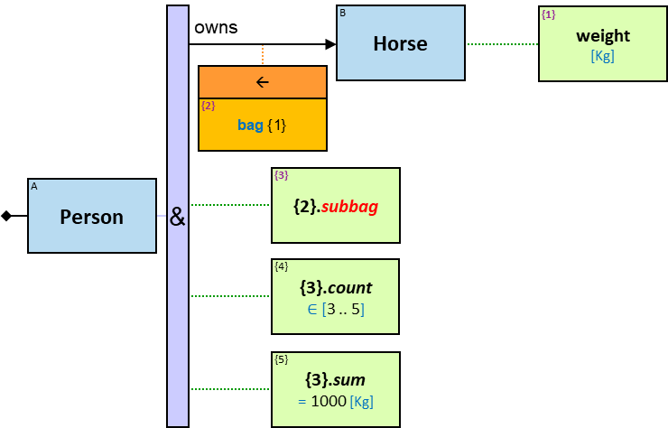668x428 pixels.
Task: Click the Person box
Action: coord(91,217)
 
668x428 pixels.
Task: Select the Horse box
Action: coord(400,43)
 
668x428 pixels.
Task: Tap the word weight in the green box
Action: coord(603,36)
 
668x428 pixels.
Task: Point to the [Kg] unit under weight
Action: coord(603,56)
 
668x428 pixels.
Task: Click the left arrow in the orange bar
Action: coord(263,82)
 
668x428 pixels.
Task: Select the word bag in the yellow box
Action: coord(250,125)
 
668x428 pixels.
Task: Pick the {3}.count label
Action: coord(335,288)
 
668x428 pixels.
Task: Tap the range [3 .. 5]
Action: coord(342,309)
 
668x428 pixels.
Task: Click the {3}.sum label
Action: coord(335,380)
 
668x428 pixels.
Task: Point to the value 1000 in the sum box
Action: coord(328,401)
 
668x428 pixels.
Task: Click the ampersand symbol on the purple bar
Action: coord(178,217)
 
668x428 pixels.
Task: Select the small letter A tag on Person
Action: coord(34,187)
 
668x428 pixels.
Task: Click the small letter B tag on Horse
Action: coord(342,13)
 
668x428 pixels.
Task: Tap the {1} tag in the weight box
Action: coord(548,15)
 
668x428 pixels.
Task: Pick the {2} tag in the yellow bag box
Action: coord(208,106)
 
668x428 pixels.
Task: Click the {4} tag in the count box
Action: coord(282,266)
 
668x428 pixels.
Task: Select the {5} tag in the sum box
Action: coord(282,359)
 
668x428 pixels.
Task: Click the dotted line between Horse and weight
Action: coord(502,44)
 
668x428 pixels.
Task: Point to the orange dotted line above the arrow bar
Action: coord(263,55)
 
